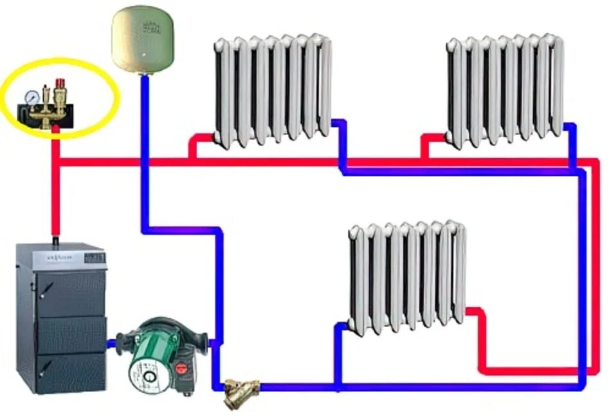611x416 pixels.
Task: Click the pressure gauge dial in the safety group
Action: coord(29,97)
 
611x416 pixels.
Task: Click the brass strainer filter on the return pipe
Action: coord(241,390)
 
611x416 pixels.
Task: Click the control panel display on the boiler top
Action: coord(94,256)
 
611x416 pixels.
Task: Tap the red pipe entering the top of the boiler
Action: coord(57,206)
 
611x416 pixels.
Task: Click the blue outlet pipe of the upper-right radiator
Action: coord(571,142)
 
